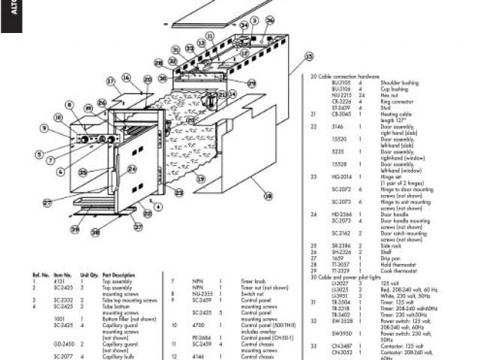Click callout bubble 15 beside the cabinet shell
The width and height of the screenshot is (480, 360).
coord(308,56)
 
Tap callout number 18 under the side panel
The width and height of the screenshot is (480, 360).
coord(268,196)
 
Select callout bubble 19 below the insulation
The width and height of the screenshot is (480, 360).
coord(201,178)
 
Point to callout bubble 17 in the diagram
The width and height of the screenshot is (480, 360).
coord(109,81)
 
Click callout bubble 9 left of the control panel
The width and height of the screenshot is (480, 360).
coord(44,128)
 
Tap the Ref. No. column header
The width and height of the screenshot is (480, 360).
coord(40,274)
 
